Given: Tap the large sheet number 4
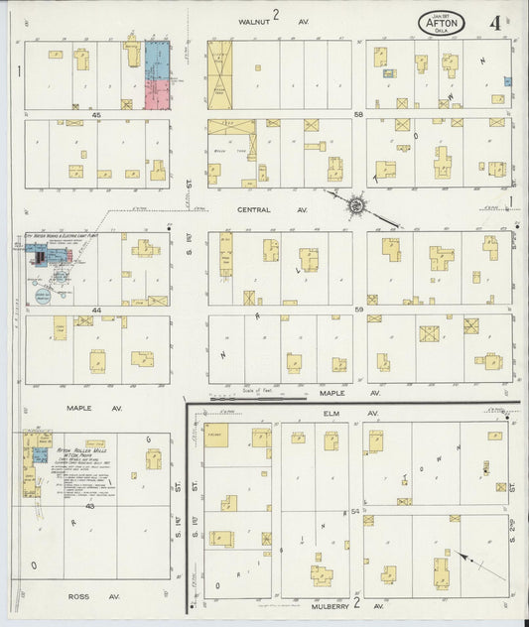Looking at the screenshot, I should pyautogui.click(x=493, y=21).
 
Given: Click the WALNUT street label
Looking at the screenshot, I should pyautogui.click(x=252, y=19).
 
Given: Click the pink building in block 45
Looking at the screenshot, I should pyautogui.click(x=157, y=94).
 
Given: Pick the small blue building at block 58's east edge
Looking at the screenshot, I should pyautogui.click(x=508, y=81).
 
